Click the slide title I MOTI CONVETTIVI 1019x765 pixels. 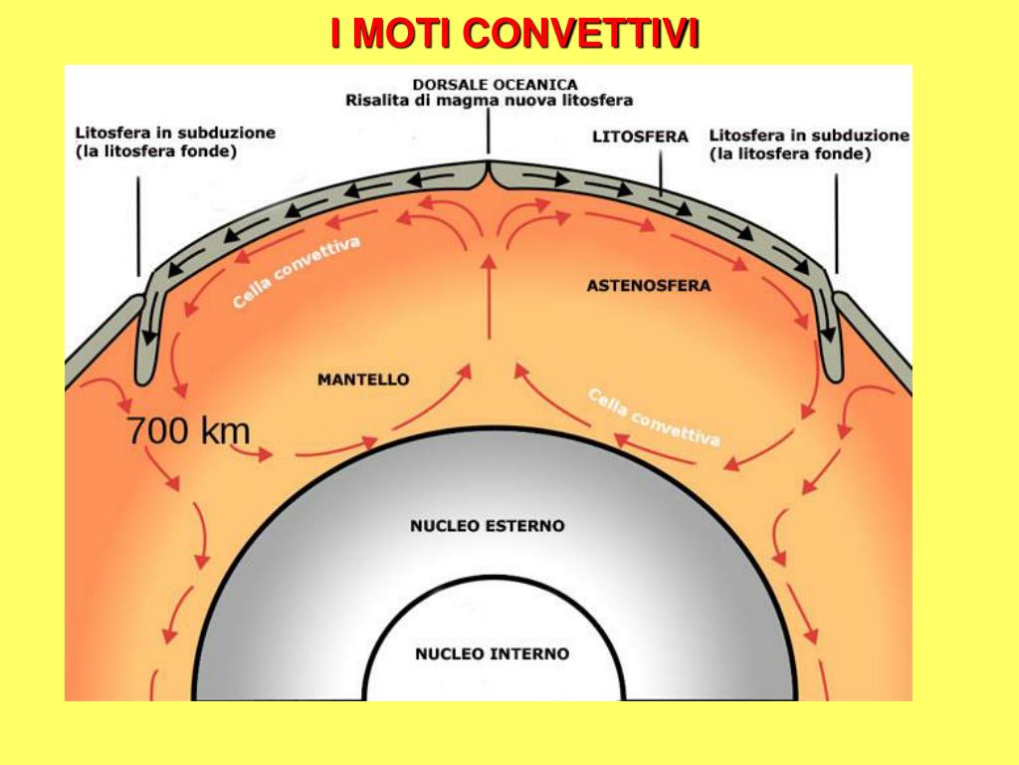(514, 33)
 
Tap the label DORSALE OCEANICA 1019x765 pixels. (496, 85)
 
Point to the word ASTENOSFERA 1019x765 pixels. (649, 286)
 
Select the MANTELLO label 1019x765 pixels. (363, 380)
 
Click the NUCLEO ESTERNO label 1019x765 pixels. (488, 526)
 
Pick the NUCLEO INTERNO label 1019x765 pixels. (492, 653)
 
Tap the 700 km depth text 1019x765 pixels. (188, 430)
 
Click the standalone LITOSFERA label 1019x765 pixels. (640, 137)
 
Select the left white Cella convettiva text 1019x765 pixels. (296, 272)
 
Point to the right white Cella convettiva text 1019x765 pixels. (655, 417)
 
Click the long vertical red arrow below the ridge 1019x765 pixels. (490, 297)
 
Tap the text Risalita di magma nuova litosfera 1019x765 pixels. (489, 101)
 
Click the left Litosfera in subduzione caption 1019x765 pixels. (175, 141)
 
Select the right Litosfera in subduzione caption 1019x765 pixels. (809, 144)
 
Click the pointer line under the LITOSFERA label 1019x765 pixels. (661, 173)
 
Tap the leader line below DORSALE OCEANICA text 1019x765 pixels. (488, 132)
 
